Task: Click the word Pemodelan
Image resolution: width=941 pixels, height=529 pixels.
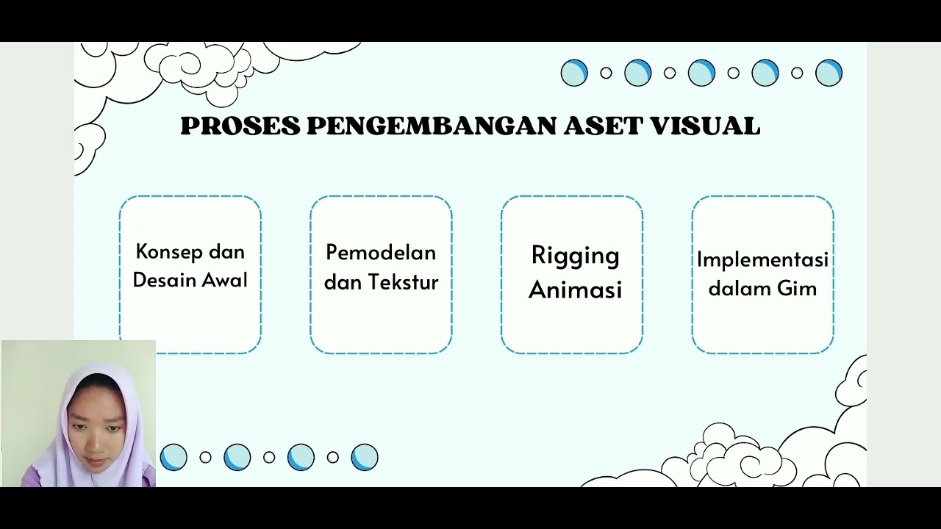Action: click(x=381, y=253)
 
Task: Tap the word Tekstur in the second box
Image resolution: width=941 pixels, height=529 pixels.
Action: click(x=404, y=282)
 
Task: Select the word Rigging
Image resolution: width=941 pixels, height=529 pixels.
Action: click(x=575, y=256)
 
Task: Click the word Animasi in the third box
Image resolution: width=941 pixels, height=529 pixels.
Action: click(x=575, y=289)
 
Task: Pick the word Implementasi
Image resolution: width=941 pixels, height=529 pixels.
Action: click(x=762, y=259)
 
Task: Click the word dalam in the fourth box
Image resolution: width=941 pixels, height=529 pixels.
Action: click(x=738, y=289)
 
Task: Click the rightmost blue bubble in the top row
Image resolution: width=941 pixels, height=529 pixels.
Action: click(x=829, y=73)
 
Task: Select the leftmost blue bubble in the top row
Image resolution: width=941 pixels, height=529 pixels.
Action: click(x=574, y=73)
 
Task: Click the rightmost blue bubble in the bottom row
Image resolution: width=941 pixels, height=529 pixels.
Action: click(x=365, y=457)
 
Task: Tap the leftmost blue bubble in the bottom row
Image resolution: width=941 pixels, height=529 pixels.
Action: click(x=173, y=457)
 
